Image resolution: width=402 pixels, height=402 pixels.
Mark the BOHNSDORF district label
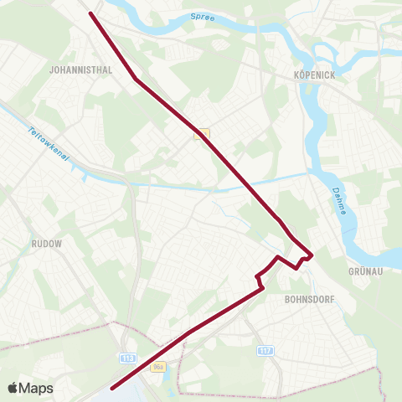(x=309, y=297)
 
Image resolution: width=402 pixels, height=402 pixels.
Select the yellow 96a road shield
(x=157, y=367)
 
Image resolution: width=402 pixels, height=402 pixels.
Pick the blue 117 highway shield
(x=265, y=350)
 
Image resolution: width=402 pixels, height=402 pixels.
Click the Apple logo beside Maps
(x=13, y=388)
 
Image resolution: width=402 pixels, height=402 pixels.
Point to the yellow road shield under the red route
(x=201, y=133)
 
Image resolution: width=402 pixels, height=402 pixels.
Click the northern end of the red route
(x=90, y=13)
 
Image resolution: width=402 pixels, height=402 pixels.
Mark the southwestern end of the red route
(x=111, y=388)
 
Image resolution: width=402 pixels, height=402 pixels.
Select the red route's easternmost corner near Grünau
(x=311, y=255)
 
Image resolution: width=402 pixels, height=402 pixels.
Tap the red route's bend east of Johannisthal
(x=137, y=80)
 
